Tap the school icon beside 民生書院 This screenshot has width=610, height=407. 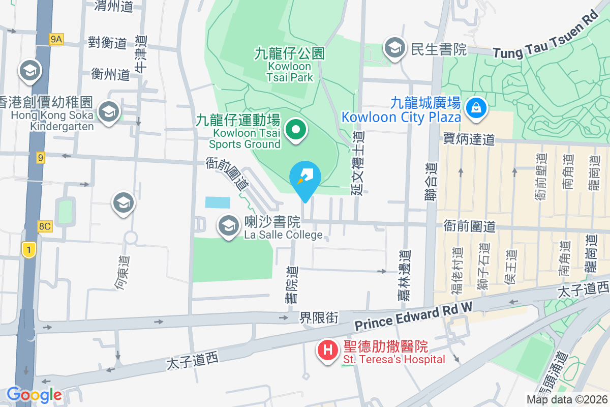tap(394, 48)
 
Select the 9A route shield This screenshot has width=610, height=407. tap(56, 39)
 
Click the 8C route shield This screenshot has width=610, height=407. tap(45, 226)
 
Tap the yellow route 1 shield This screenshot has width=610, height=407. tap(29, 250)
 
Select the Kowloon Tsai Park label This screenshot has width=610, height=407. tap(290, 66)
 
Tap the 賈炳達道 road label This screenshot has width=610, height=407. tap(468, 138)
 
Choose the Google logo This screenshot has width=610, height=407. tap(34, 395)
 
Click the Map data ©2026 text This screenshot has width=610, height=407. tap(566, 399)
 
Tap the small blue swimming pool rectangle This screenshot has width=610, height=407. tap(218, 202)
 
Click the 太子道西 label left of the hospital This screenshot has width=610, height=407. tap(192, 362)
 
